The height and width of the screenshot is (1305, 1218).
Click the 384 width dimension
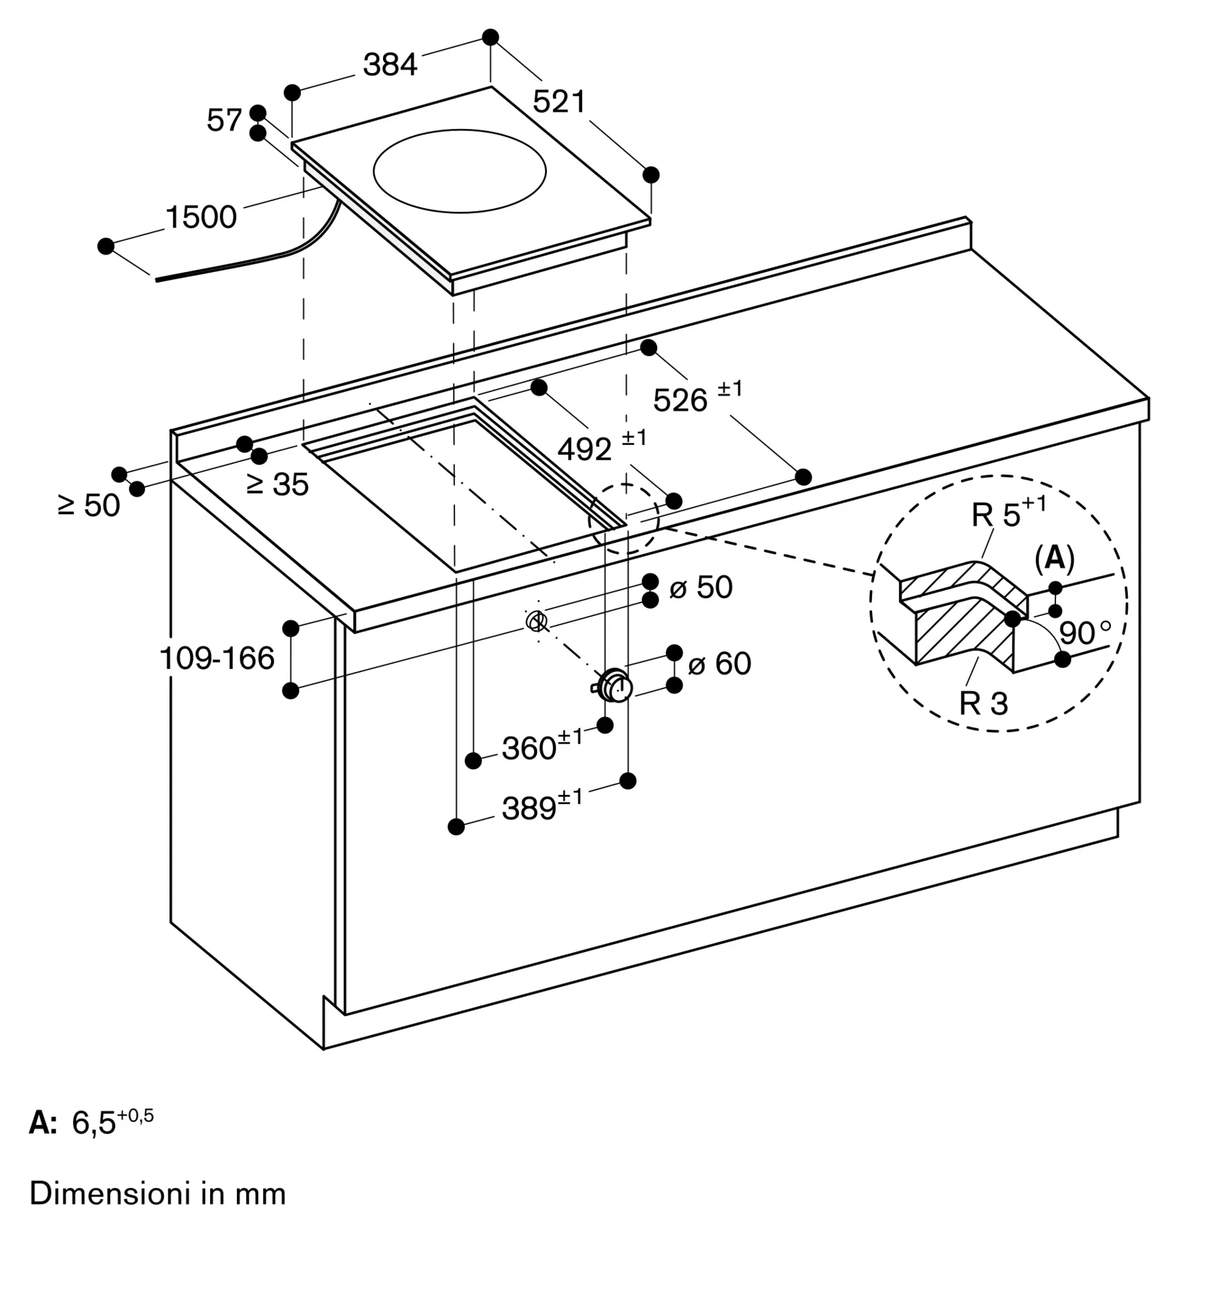coord(390,65)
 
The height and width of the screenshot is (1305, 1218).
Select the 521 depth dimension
coord(559,102)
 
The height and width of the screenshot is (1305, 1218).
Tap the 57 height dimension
coord(225,120)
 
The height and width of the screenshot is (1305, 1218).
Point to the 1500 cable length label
coord(201,217)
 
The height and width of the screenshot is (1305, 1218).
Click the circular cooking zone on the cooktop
coord(460,172)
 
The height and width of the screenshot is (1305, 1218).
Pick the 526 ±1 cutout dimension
coord(697,397)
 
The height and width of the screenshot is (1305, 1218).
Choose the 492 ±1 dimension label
coord(601,446)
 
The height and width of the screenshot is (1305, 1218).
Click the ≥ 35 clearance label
coord(277,484)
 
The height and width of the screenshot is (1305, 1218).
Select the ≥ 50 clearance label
coord(89,506)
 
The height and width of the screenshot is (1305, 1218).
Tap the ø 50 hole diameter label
coord(700,587)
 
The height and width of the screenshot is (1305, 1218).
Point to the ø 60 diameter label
coord(719,664)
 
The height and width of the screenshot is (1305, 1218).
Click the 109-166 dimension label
coord(217,658)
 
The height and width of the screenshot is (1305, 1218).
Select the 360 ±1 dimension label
coord(542,746)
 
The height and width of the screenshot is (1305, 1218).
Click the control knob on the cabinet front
coord(615,686)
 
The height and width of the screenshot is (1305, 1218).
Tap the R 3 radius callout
coord(983,703)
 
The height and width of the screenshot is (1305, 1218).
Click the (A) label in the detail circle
coord(1055,558)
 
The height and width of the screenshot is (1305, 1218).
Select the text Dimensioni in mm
coord(157,1194)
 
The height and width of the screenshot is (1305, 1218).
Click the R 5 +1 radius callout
coord(1008,513)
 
